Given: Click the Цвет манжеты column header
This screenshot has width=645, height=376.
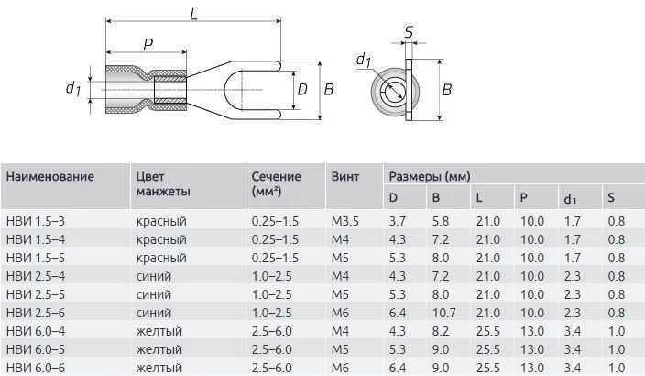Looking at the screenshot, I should [162, 182].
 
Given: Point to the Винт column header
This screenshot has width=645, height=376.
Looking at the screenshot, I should [344, 175].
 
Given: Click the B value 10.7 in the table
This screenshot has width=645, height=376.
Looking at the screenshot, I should [443, 313].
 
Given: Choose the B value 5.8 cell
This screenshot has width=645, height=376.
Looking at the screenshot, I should [441, 221].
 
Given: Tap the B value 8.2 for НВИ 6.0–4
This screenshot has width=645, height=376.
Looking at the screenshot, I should [441, 331].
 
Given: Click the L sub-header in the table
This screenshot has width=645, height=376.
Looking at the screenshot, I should [479, 198].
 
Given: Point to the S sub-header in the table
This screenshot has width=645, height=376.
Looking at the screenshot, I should [611, 198].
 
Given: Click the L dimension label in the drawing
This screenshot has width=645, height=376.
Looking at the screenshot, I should [192, 12].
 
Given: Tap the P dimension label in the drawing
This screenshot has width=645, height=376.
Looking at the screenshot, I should [147, 44].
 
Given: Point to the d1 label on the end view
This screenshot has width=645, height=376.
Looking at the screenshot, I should [362, 61].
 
